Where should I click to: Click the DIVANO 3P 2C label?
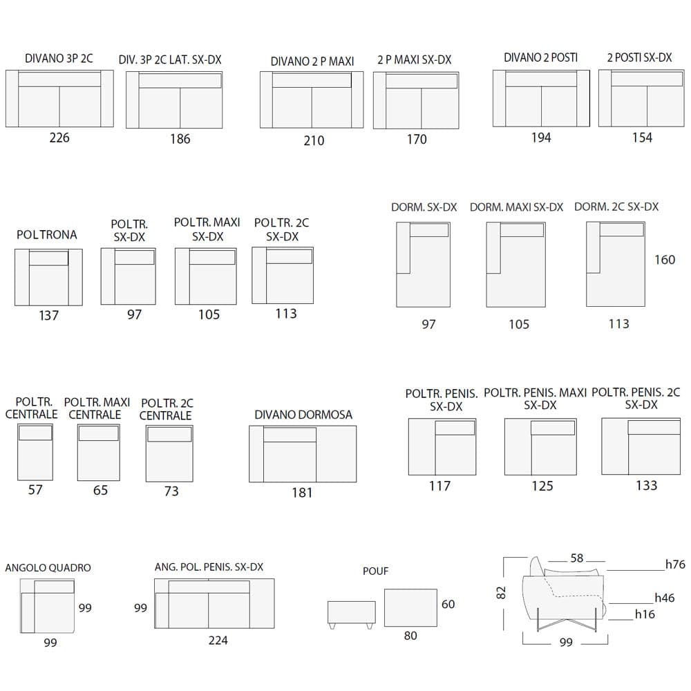point(59,59)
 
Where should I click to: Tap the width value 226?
point(59,138)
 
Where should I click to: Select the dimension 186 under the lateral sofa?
point(180,139)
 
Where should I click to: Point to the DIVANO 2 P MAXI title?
point(312,61)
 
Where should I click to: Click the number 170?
point(417,140)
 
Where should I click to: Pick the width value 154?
point(642,138)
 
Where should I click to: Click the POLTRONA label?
point(47,234)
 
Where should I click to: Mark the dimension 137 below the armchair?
point(48,316)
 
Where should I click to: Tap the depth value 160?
point(665,260)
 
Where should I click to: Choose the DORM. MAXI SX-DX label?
point(516,207)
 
